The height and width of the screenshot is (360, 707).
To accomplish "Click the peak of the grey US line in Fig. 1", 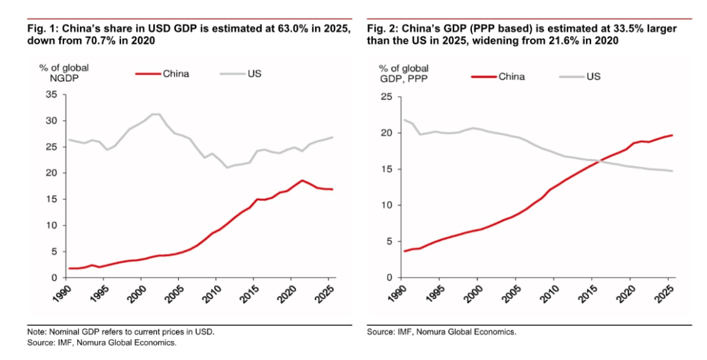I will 156,114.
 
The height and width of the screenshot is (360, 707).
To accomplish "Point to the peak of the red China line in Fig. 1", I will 302,180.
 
